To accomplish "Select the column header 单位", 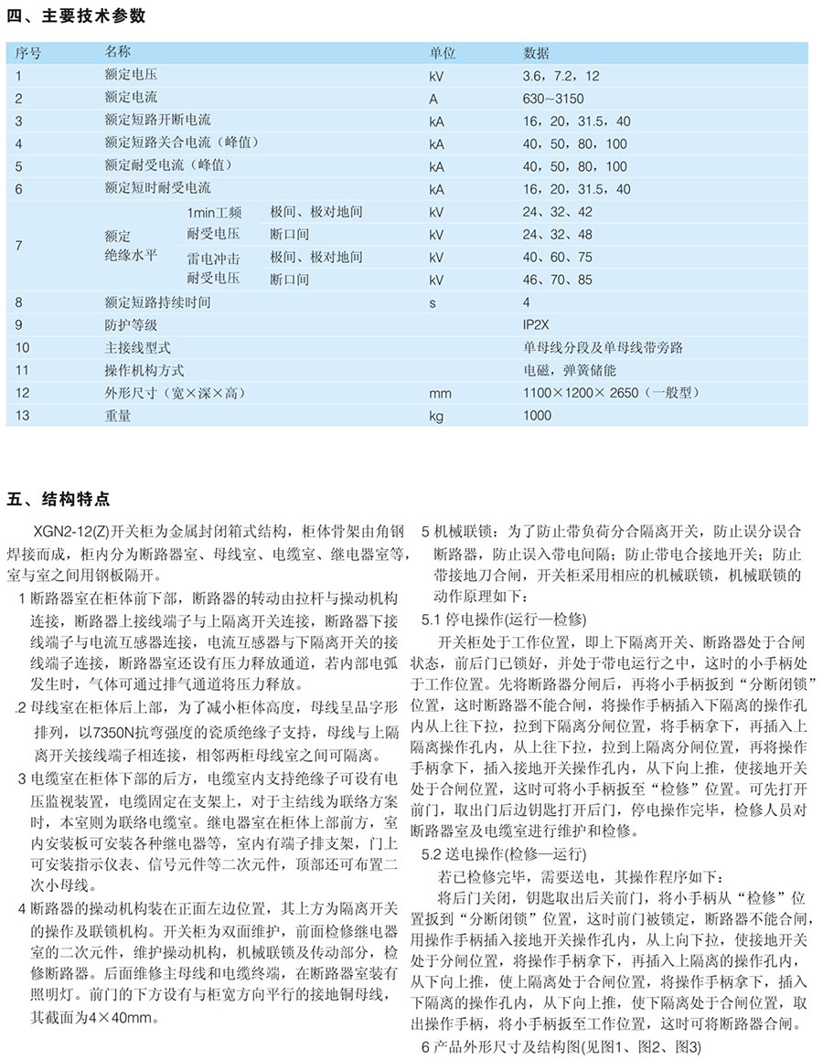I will pos(442,52).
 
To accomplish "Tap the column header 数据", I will pos(536,52).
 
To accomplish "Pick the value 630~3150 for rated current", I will pos(552,98).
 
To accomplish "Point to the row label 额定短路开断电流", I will pos(157,121).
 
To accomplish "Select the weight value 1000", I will pos(538,416).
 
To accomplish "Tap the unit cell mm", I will pos(439,393).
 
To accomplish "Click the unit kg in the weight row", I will pos(436,416).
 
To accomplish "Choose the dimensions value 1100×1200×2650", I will pos(586,393).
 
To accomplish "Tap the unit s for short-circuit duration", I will pos(433,302).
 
